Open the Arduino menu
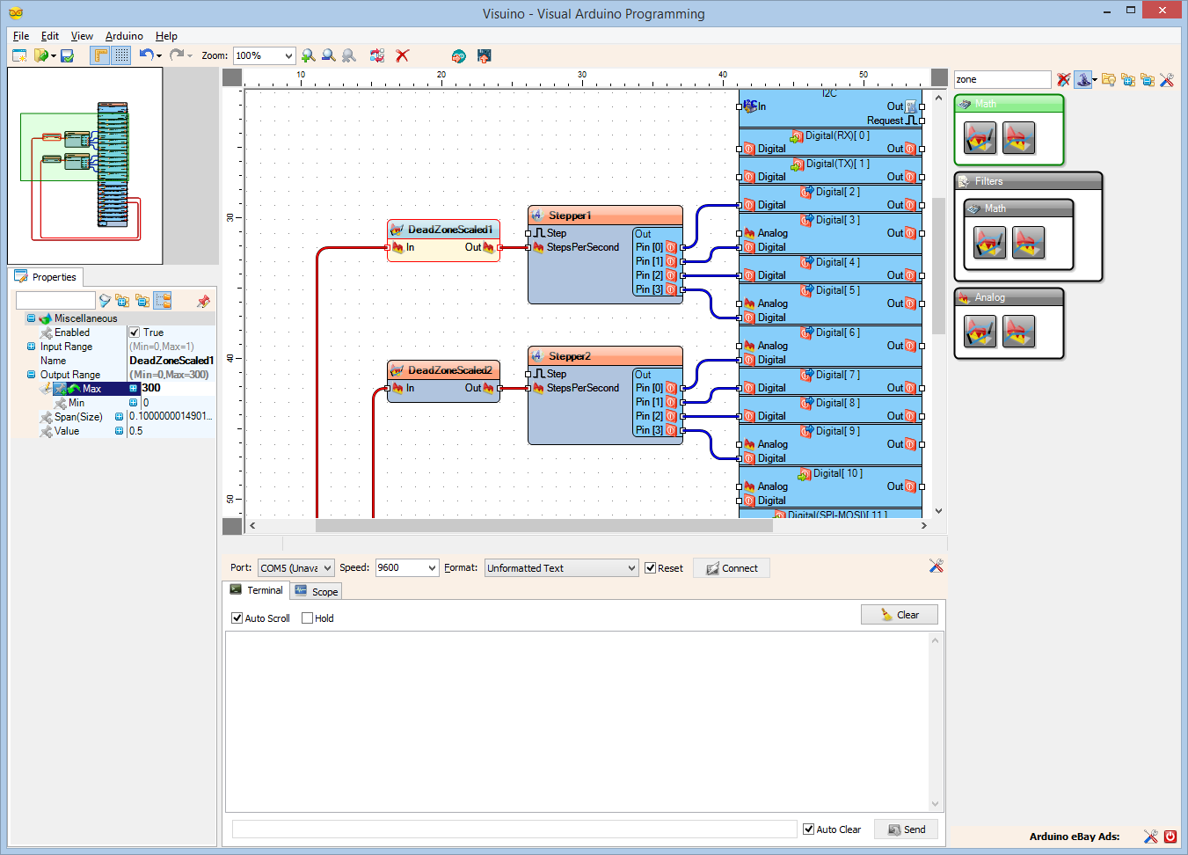124,36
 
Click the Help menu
166,36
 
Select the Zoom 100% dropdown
264,55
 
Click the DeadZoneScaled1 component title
449,230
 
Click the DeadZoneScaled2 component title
449,370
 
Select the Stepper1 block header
570,216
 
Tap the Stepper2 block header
570,356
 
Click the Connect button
732,568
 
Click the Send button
906,829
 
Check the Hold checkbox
308,618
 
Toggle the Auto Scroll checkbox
237,618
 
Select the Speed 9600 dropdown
406,568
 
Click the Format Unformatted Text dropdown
561,568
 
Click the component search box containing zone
1001,79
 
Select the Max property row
91,389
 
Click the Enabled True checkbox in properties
135,332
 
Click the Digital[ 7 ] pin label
837,375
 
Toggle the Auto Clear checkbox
808,829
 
